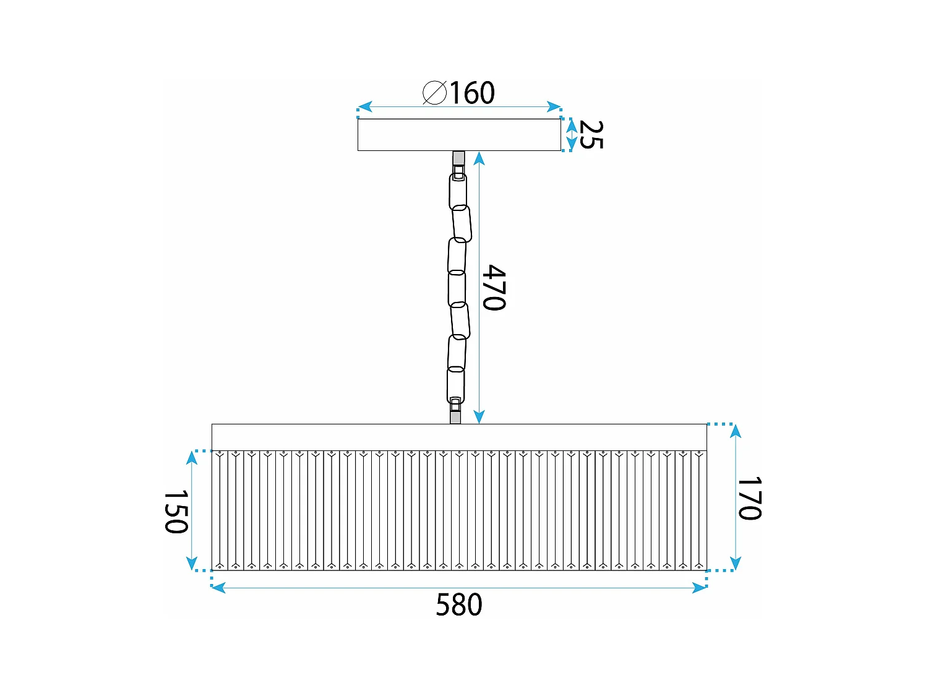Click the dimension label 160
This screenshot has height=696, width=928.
coord(471,93)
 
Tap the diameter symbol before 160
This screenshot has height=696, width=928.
coord(434,93)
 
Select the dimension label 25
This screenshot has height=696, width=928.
coord(591,135)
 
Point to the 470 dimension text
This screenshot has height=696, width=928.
coord(494,288)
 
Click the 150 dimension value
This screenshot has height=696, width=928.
coord(176,512)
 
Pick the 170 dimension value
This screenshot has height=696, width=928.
coord(749,498)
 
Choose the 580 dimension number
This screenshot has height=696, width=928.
coord(458,605)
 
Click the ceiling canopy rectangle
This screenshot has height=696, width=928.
coord(459,135)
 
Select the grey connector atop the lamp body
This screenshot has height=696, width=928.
coord(455,417)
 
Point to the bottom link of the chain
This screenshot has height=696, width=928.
coord(455,385)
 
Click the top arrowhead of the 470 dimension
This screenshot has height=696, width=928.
coord(479,158)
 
